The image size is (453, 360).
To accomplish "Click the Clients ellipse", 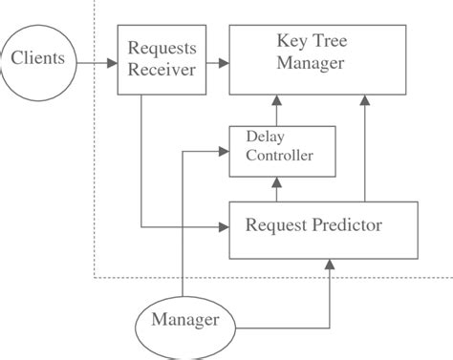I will (38, 60).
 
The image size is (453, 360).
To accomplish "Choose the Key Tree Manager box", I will (311, 60).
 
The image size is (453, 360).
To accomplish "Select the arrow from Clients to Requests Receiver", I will (96, 63).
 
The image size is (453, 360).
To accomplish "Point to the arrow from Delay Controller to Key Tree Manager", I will (277, 110).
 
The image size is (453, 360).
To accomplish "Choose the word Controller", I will (279, 157).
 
